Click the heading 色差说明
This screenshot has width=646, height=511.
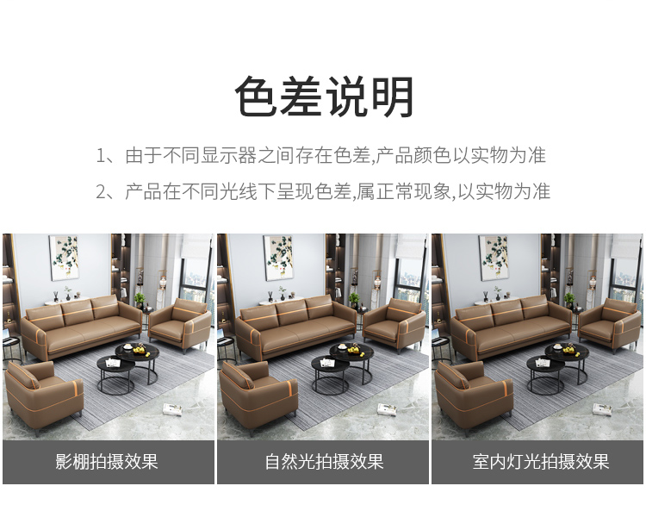point(324,97)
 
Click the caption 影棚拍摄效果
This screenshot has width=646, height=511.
point(107,462)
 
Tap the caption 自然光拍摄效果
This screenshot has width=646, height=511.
point(324,462)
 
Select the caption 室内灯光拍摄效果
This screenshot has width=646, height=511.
point(541,462)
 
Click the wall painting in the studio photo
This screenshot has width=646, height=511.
point(64,258)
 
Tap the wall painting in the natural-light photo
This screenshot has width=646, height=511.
point(278,258)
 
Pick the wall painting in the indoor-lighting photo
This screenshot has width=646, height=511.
point(494,258)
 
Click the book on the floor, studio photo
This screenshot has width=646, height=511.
point(172,409)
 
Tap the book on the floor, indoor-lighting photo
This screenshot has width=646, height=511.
point(602,409)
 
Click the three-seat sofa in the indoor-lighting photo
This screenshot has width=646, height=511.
point(511,327)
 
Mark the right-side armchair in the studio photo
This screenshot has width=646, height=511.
point(181,324)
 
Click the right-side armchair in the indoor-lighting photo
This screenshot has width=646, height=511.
point(610,324)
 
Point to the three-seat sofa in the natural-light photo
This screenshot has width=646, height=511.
point(295,327)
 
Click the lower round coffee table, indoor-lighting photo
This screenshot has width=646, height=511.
point(544,374)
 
